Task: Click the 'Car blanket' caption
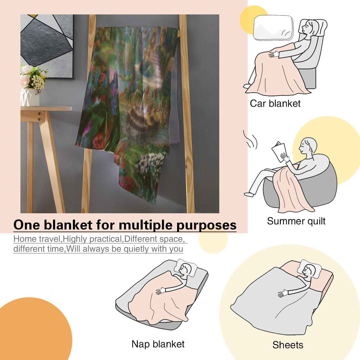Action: click(275, 103)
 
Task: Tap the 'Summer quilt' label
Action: click(296, 221)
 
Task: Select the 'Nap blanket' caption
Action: click(158, 344)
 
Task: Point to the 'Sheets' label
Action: click(288, 345)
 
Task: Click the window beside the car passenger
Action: click(273, 28)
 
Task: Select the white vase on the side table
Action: click(30, 97)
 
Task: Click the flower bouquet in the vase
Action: click(34, 76)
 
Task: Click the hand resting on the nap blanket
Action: click(161, 291)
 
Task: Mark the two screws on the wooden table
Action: click(40, 116)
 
